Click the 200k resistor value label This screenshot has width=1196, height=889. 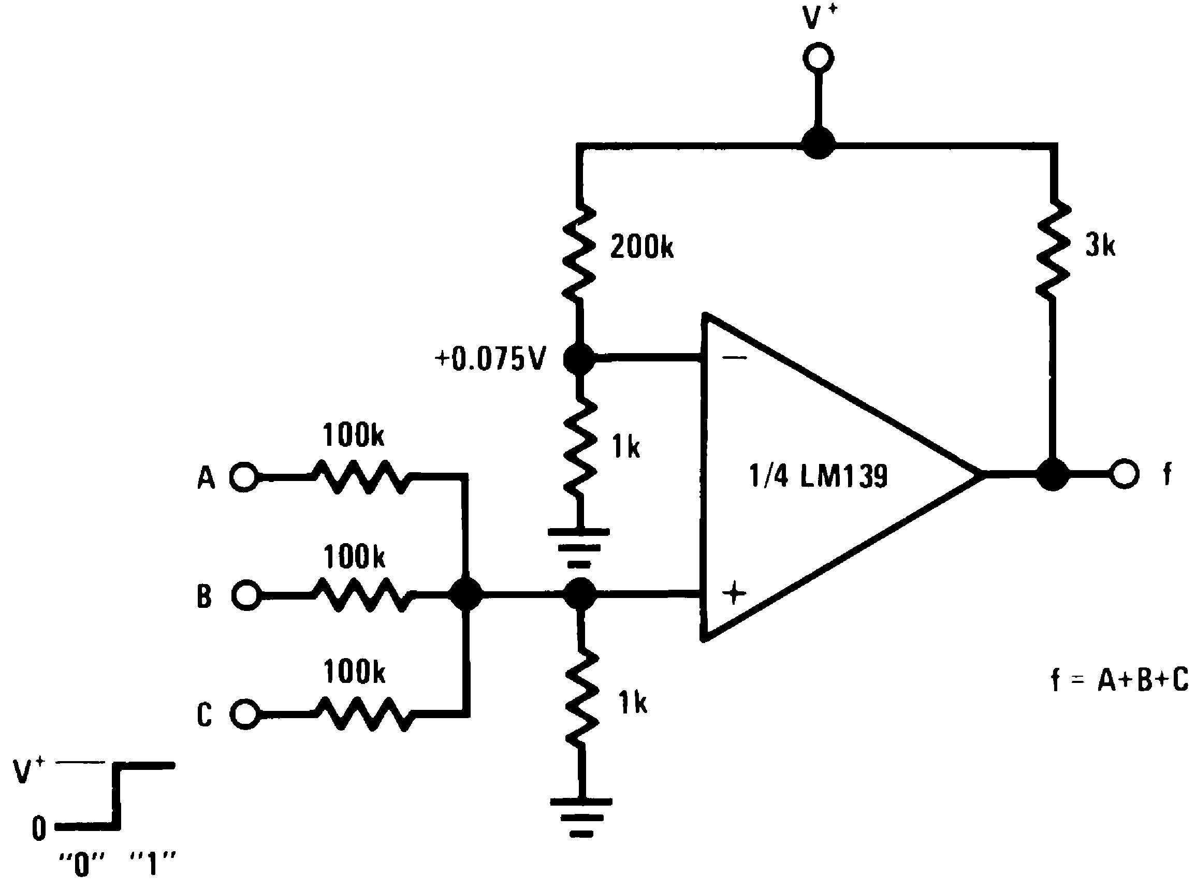641,247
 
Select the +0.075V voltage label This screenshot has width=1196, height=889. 491,359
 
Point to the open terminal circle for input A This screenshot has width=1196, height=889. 244,477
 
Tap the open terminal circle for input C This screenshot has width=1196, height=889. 245,714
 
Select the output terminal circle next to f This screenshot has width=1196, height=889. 1124,474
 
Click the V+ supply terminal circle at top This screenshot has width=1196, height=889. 819,58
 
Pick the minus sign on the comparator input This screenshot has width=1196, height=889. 735,358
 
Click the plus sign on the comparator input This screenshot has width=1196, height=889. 734,594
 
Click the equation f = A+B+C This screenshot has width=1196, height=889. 1119,680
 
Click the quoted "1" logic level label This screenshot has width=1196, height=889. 153,864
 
